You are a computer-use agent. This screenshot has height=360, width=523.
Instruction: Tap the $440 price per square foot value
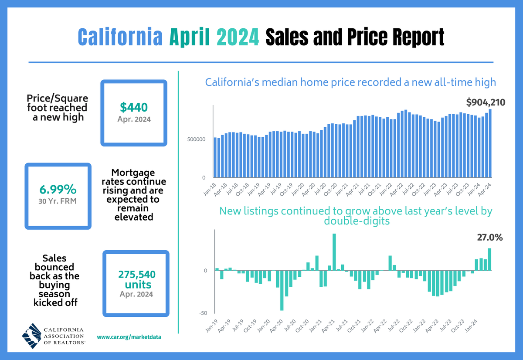point(134,107)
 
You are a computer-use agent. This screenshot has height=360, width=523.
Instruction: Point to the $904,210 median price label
point(485,103)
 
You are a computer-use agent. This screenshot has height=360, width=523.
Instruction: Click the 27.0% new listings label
point(489,238)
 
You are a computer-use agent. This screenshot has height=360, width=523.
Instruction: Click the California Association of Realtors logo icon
point(33,336)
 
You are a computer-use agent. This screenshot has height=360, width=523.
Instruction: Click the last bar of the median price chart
point(490,143)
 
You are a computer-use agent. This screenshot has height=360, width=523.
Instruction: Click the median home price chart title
point(350,82)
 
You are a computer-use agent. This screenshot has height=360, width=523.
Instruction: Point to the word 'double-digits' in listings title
point(355,221)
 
